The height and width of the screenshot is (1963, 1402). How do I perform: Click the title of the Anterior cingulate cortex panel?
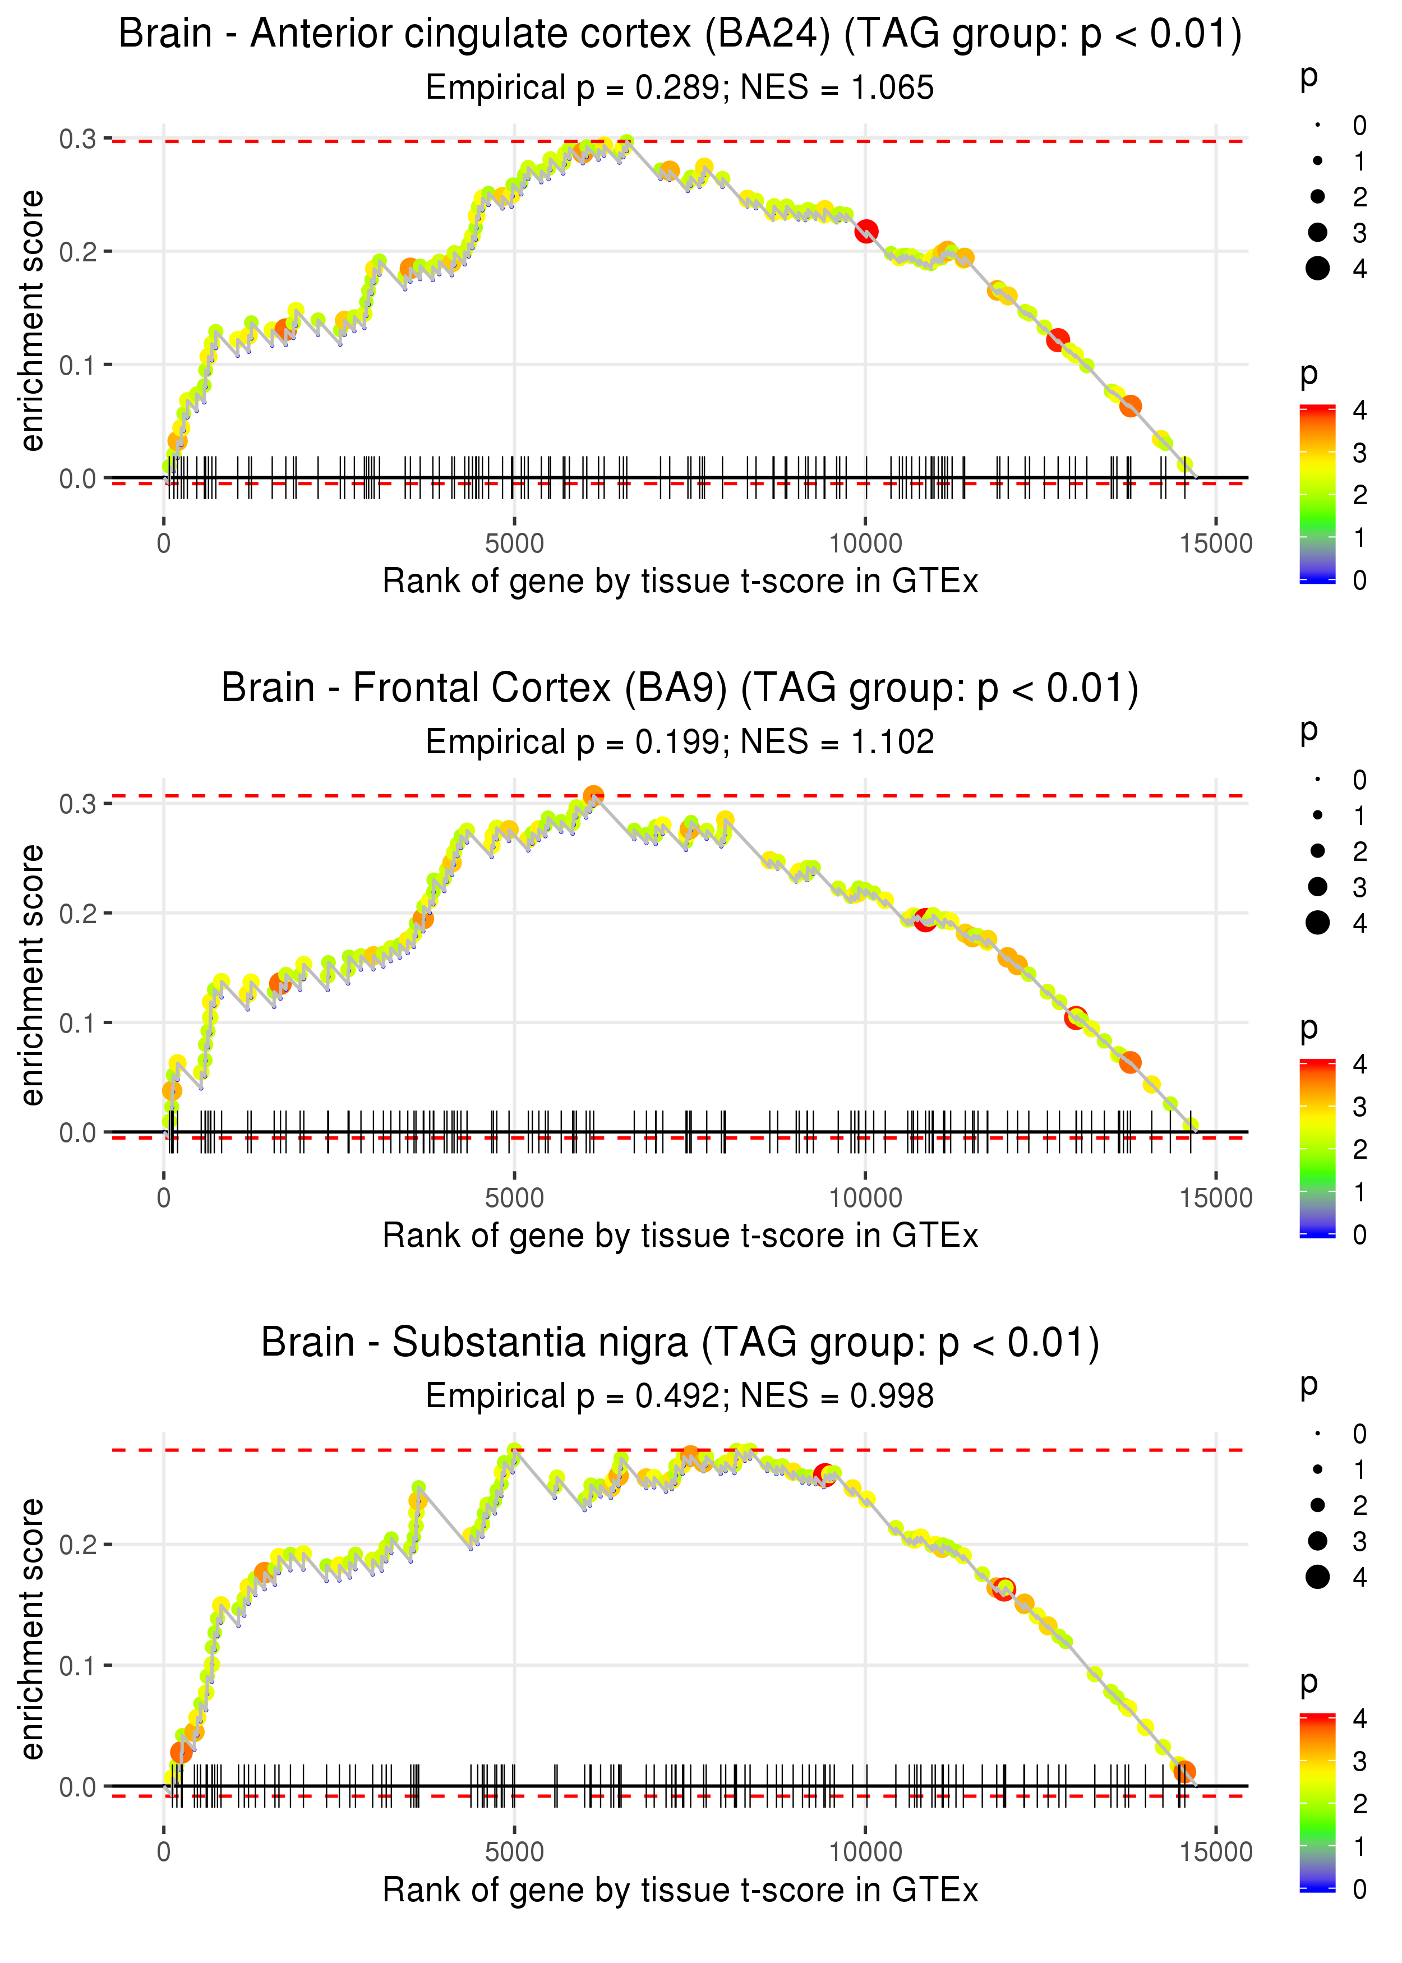point(680,35)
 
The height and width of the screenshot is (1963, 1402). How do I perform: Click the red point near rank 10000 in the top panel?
point(866,231)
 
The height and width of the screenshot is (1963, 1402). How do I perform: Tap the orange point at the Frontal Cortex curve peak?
point(593,796)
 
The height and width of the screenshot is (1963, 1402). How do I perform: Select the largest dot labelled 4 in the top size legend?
point(1317,269)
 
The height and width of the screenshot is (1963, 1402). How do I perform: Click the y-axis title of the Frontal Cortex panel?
point(32,975)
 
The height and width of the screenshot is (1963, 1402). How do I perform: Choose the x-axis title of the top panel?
point(680,581)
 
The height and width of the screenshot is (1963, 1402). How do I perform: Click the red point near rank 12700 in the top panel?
point(1058,340)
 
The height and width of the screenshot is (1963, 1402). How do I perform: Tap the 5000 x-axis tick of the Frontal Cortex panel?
point(514,1198)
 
